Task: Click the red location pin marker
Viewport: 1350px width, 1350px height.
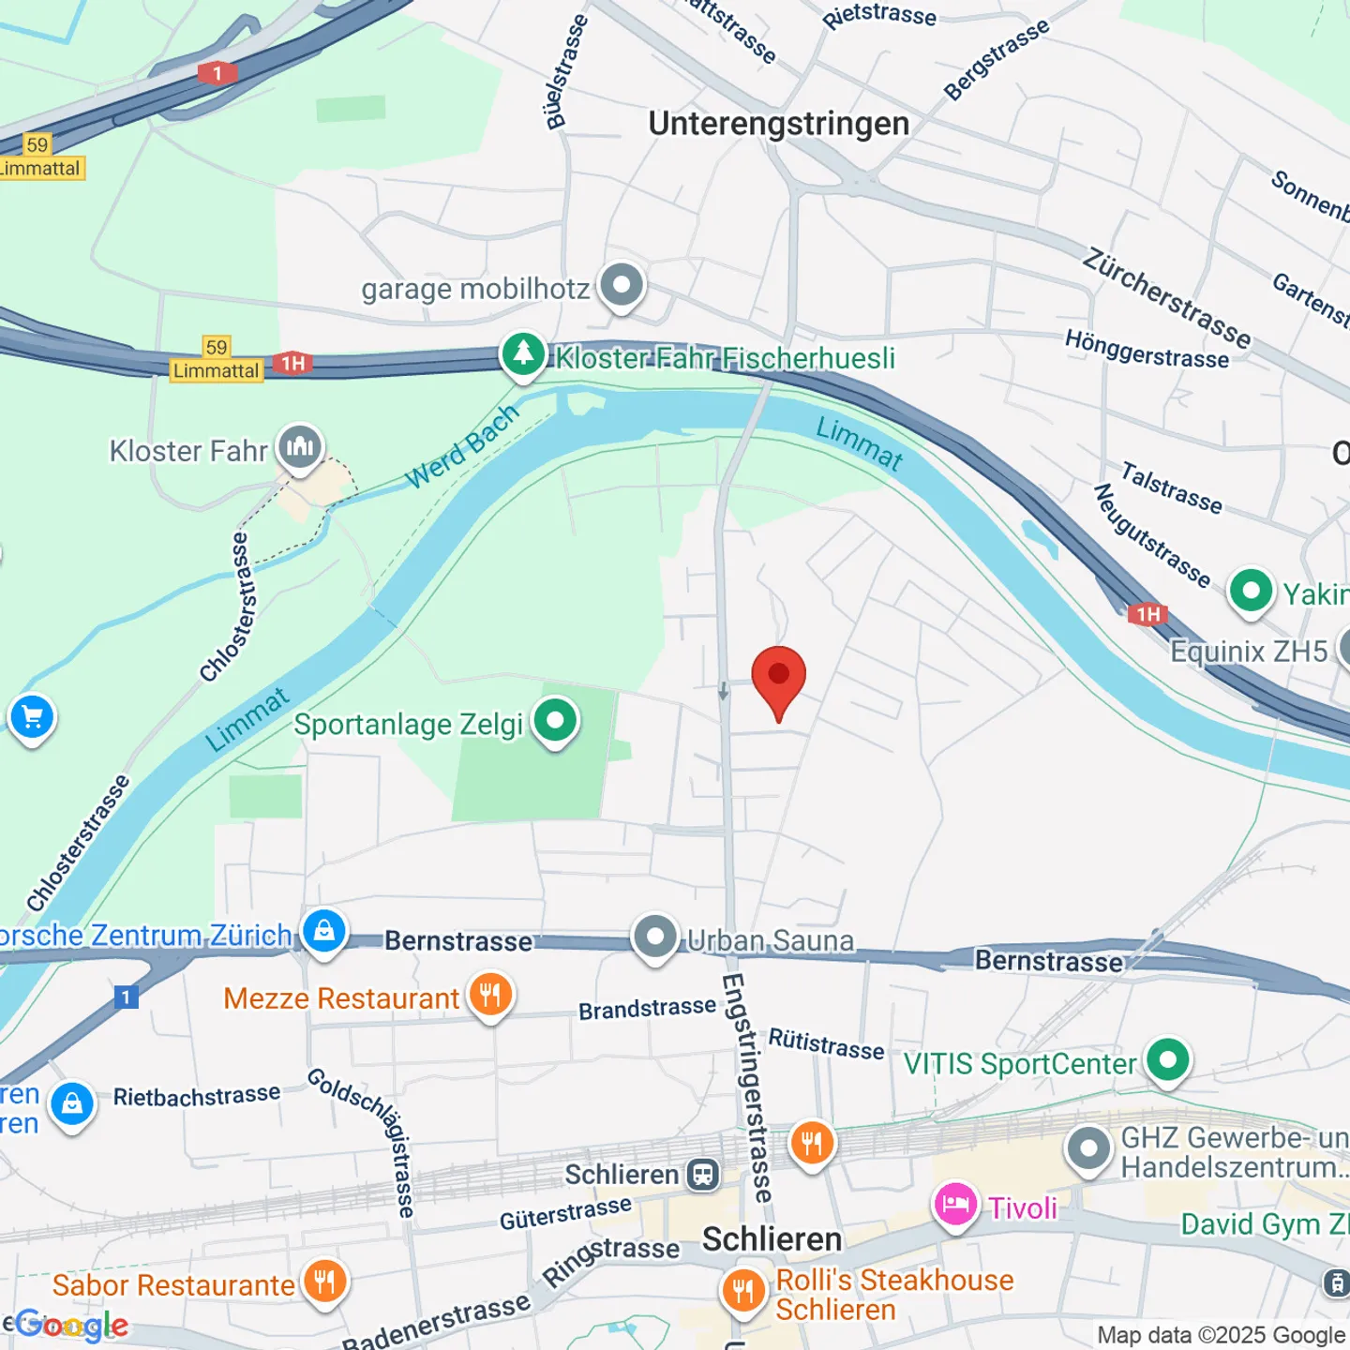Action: tap(778, 677)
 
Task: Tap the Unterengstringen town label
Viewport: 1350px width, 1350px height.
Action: tap(778, 124)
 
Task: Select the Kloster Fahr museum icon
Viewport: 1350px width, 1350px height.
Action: tap(300, 447)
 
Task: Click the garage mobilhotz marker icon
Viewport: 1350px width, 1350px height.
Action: tap(622, 284)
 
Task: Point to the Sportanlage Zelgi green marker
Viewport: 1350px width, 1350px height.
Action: tap(555, 721)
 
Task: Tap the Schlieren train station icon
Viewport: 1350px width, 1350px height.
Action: tap(702, 1174)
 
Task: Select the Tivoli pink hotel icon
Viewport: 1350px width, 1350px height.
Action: tap(955, 1205)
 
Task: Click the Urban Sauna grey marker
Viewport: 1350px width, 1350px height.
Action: tap(655, 937)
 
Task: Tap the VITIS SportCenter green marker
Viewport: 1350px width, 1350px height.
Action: tap(1167, 1060)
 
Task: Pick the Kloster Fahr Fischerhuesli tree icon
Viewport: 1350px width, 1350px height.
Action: tap(523, 354)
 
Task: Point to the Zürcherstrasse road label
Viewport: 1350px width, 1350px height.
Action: tap(1166, 297)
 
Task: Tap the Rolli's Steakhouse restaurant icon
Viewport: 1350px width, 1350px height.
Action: tap(742, 1289)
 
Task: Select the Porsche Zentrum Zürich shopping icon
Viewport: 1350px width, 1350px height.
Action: tap(324, 932)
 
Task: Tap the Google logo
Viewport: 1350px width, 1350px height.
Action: tap(71, 1326)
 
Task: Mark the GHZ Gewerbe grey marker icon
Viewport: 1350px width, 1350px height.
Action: tap(1088, 1147)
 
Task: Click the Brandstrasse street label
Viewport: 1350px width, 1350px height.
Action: tap(647, 1009)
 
